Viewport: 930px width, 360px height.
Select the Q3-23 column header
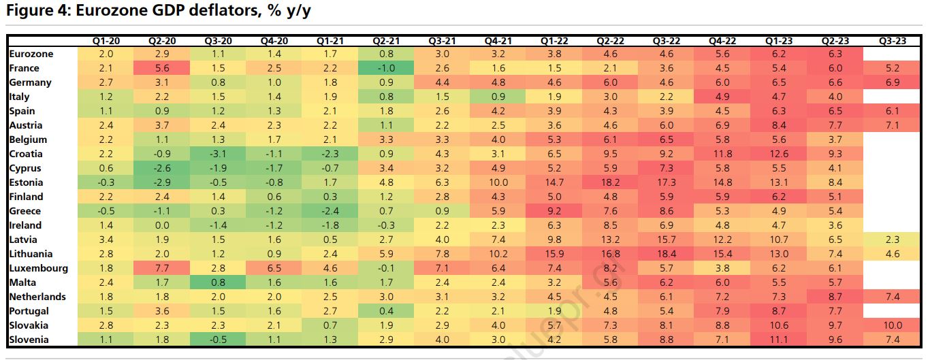click(893, 41)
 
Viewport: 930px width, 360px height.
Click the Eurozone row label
click(31, 54)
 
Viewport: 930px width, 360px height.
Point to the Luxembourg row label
click(39, 268)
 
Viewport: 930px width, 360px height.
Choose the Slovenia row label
click(29, 340)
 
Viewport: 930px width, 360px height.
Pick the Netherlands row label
click(37, 297)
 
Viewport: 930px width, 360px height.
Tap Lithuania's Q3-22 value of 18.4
click(667, 254)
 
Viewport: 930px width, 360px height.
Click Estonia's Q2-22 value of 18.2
click(611, 182)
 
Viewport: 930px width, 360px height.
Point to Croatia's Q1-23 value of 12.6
click(779, 154)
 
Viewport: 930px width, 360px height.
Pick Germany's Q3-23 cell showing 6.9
click(893, 82)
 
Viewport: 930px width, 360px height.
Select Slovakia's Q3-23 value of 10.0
click(893, 325)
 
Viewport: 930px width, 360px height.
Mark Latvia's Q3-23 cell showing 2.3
click(893, 240)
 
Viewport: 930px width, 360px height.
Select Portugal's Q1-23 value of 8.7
click(779, 311)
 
